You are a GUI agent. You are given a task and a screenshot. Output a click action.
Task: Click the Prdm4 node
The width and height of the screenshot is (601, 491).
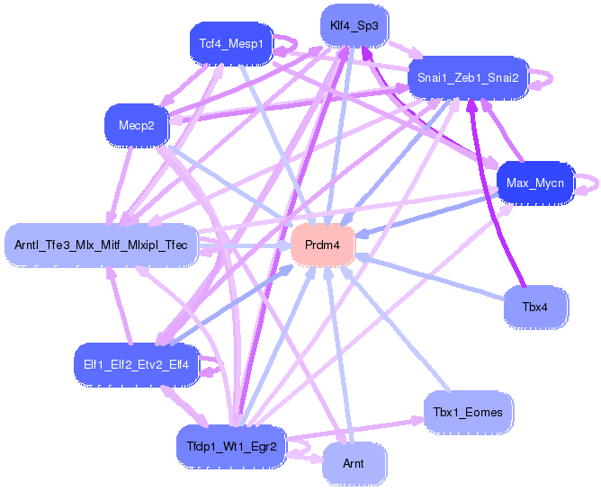point(322,245)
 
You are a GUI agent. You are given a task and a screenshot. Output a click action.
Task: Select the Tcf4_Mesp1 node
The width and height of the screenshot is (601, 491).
point(230,42)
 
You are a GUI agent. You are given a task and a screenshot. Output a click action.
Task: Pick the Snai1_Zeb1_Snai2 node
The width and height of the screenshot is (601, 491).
point(467,77)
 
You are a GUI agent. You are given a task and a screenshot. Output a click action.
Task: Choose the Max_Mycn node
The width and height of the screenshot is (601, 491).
point(534,183)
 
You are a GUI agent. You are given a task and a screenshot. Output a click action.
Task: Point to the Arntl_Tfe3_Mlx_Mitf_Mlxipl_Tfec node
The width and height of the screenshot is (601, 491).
point(101,245)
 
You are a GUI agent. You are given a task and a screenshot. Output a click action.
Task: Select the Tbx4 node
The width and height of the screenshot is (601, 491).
point(534,307)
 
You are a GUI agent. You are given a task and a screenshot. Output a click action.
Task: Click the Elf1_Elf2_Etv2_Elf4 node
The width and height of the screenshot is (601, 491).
point(130,364)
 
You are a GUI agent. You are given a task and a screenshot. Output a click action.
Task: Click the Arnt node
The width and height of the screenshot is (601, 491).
point(354,464)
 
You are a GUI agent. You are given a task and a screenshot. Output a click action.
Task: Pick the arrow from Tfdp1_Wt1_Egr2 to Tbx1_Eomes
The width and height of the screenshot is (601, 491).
point(360,429)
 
